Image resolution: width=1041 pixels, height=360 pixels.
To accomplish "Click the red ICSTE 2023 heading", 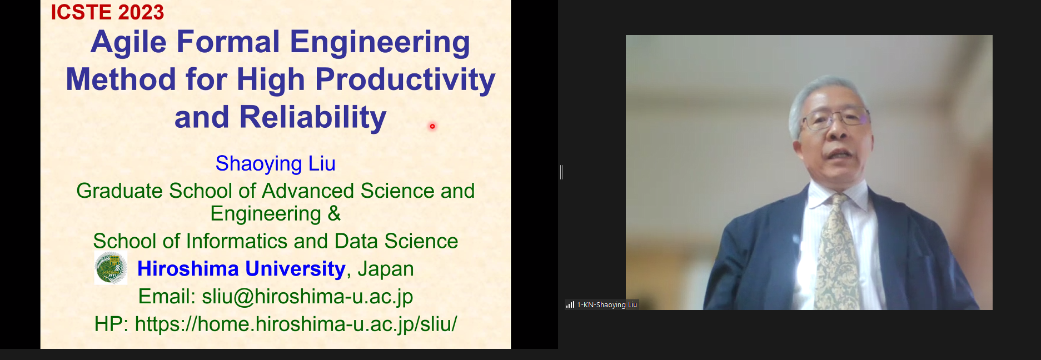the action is (x=107, y=12).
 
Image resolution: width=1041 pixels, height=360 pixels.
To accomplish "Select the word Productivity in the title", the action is (x=405, y=80).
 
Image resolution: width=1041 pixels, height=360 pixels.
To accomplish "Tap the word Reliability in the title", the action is (x=312, y=117).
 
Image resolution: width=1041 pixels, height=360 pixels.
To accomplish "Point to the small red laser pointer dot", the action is (x=432, y=126).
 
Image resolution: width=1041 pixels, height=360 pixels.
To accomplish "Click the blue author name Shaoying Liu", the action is (x=275, y=163).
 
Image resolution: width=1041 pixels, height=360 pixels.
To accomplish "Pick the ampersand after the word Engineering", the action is (x=334, y=213).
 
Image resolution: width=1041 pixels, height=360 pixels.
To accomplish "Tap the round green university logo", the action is (x=111, y=267).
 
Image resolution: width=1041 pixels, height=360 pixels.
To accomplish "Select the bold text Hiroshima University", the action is (x=241, y=269).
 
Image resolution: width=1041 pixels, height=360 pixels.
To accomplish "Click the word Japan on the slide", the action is (x=386, y=269).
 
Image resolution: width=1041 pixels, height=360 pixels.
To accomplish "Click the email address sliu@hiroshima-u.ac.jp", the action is (x=307, y=297).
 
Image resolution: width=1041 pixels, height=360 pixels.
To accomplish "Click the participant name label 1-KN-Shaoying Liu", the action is (x=607, y=304).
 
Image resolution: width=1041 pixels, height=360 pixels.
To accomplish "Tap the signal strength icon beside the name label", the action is (x=570, y=304).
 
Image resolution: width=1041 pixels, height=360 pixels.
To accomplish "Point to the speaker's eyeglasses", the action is (x=834, y=118).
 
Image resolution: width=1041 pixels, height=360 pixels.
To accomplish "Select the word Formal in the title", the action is (x=228, y=42).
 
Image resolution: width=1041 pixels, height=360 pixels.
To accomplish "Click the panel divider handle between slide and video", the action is (x=561, y=172).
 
